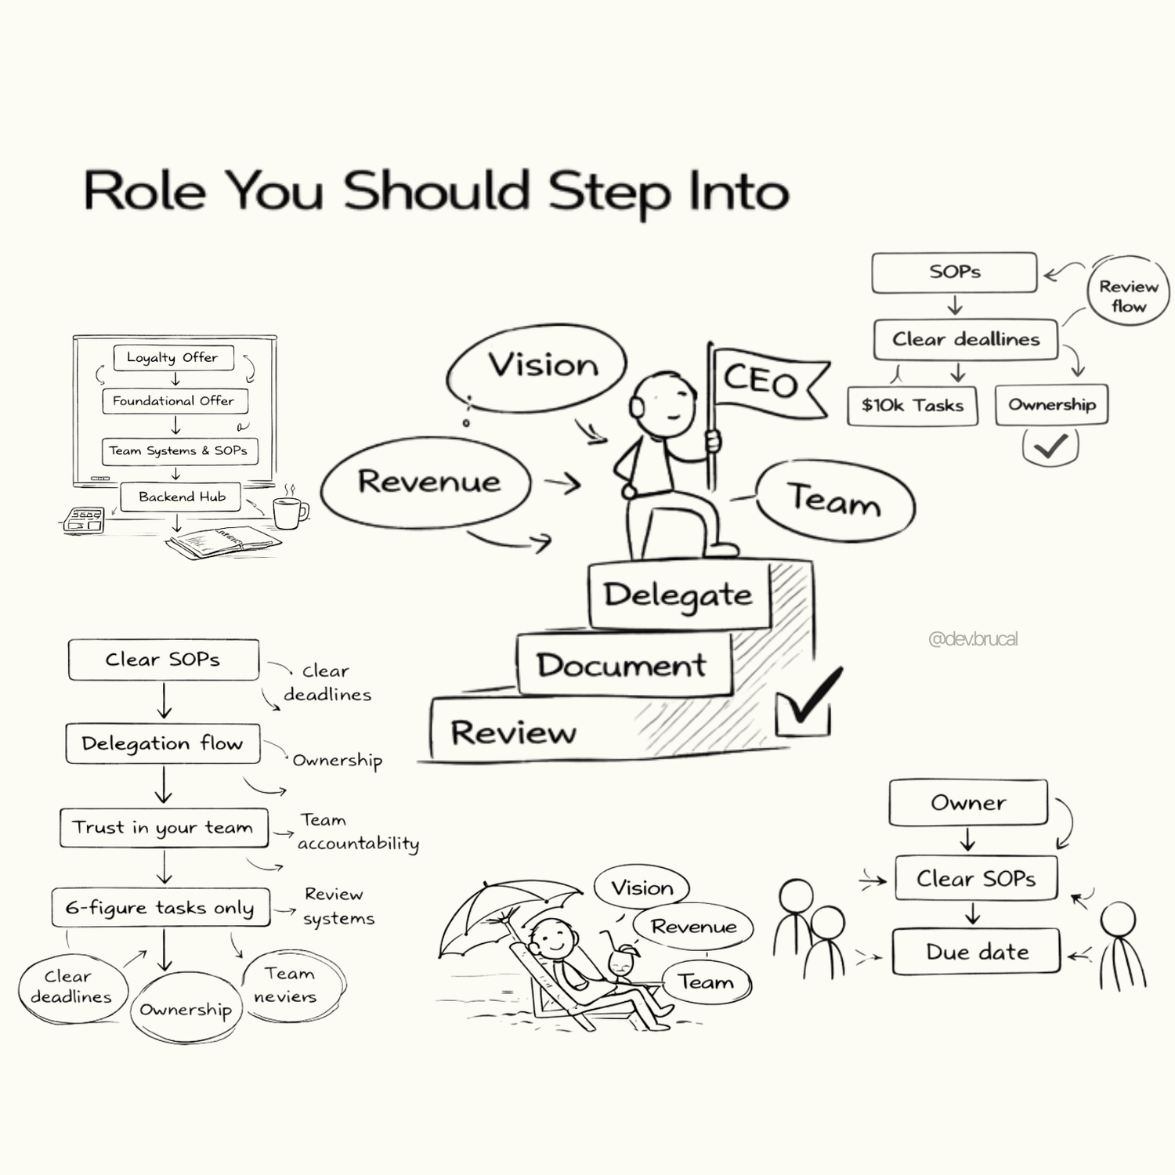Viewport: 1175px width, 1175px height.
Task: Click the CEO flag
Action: coord(764,382)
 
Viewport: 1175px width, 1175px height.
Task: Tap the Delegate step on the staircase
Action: coord(678,595)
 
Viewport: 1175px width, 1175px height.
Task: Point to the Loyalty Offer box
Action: coord(173,357)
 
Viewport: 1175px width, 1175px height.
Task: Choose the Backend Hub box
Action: coord(181,497)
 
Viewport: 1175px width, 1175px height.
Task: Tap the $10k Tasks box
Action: coord(913,406)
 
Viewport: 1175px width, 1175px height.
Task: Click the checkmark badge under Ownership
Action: coord(1050,446)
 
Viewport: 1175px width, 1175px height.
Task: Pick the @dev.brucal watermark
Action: coord(973,639)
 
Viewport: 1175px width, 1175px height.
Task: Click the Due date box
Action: coord(976,952)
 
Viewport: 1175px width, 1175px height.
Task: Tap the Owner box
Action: coord(968,803)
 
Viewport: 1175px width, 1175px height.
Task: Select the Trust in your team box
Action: coord(164,828)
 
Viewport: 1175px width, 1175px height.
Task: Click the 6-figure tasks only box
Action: coord(161,908)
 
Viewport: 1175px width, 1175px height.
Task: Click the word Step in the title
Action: coord(609,192)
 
